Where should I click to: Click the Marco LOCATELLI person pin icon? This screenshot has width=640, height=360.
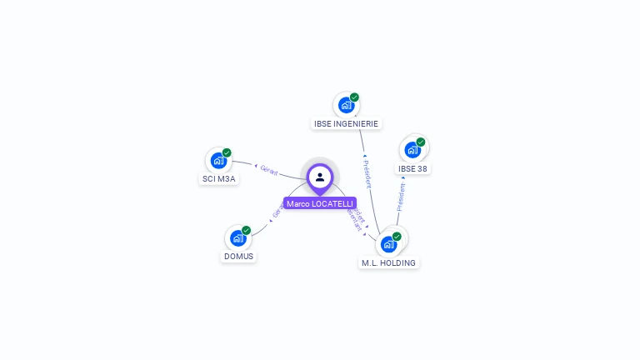(320, 177)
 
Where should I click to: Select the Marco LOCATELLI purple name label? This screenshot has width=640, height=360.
(320, 203)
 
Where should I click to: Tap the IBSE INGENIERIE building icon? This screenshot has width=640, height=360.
(346, 106)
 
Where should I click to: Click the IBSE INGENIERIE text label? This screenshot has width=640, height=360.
(346, 124)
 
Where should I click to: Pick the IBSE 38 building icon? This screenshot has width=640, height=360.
(412, 150)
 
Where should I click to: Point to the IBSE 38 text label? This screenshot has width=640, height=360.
(412, 168)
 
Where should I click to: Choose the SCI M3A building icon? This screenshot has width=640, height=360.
(218, 161)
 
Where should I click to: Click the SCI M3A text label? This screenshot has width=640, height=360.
(219, 179)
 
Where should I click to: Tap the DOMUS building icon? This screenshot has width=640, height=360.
(237, 238)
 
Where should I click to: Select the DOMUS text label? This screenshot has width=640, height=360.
(238, 257)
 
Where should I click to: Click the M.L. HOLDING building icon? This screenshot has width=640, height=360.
(388, 244)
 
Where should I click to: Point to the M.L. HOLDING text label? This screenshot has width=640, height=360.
(388, 262)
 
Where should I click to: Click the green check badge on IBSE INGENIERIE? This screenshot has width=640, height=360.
(354, 97)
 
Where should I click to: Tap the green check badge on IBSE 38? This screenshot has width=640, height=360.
(421, 142)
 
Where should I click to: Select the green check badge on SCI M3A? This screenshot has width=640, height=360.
(227, 152)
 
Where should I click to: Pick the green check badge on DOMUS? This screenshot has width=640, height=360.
(246, 230)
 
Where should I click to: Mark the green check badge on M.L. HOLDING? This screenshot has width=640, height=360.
(397, 236)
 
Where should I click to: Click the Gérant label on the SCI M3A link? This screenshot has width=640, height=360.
(268, 170)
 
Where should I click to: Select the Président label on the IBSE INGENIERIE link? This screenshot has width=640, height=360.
(367, 172)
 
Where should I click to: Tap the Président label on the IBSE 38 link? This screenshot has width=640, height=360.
(401, 197)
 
